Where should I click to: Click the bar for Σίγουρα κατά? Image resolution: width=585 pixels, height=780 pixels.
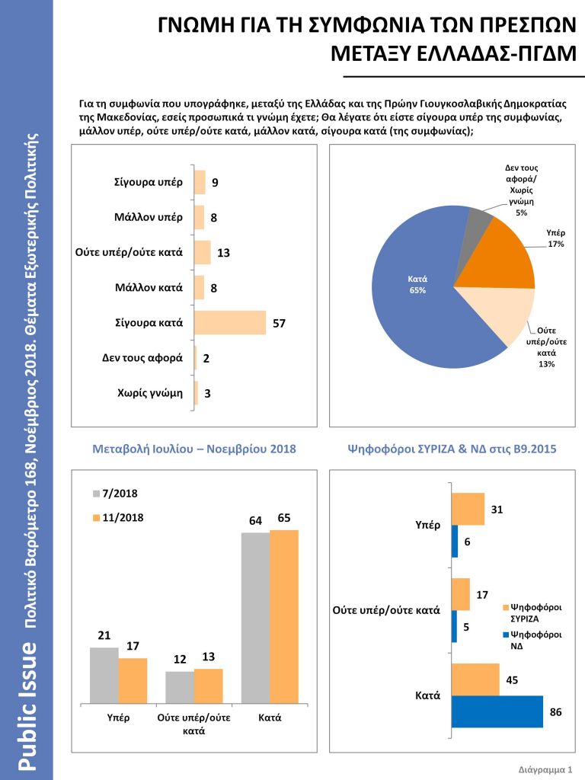click(x=230, y=322)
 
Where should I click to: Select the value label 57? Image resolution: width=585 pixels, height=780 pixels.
click(x=280, y=324)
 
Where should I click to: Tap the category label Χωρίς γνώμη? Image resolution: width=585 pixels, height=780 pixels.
click(x=150, y=393)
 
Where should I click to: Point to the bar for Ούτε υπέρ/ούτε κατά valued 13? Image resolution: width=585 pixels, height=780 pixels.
click(x=203, y=252)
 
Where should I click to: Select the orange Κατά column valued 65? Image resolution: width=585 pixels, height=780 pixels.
click(x=284, y=616)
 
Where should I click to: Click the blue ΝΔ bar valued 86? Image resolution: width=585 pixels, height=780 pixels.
click(x=497, y=711)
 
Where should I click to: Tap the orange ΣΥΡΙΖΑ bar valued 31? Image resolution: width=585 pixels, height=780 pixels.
click(x=468, y=509)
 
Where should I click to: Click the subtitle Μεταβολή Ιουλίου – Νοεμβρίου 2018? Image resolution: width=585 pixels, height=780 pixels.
click(x=193, y=449)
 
